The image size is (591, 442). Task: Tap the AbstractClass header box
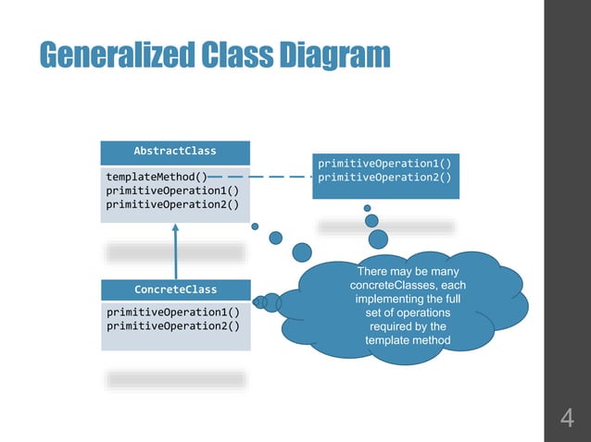click(x=175, y=151)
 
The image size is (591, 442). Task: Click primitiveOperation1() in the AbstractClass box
click(x=172, y=190)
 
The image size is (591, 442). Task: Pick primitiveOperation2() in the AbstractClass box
click(x=172, y=205)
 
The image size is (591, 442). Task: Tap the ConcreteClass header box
click(x=175, y=289)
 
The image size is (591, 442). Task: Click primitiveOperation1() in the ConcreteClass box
click(x=172, y=312)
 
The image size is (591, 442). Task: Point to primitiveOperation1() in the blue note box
click(x=384, y=163)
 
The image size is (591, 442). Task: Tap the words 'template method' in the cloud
click(x=408, y=341)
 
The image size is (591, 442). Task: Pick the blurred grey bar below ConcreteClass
click(x=175, y=379)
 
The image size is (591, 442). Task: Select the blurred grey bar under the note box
click(x=386, y=227)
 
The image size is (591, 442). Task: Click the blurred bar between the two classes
click(x=175, y=252)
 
